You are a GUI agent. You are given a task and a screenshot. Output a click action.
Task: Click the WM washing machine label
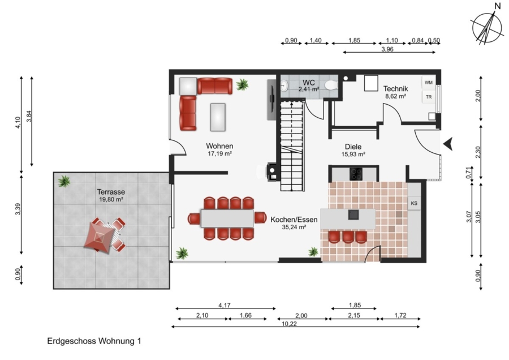pos(429,83)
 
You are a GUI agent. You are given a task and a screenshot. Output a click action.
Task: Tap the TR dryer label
pos(429,97)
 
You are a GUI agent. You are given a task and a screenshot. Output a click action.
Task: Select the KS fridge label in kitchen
pos(414,203)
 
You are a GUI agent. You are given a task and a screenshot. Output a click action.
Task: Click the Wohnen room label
pos(219,146)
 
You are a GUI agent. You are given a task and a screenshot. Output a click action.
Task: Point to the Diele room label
pos(353,147)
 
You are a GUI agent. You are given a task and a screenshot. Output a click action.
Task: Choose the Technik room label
pos(395,88)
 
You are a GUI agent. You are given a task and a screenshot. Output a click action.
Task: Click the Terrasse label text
pos(111,192)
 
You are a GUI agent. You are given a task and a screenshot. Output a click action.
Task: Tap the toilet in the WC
pos(331,85)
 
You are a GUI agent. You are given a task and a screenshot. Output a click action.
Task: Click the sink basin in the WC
pos(284,86)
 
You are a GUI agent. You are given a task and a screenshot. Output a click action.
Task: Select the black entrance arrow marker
pos(448,144)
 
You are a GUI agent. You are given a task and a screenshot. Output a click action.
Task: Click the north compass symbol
pos(488,27)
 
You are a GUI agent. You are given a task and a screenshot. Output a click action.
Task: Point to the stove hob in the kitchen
pos(356,174)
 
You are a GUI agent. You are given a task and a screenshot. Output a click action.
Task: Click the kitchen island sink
pos(353,215)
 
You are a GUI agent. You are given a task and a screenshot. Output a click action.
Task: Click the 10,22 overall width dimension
pos(289,324)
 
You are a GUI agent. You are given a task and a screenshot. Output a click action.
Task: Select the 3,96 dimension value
pos(387,49)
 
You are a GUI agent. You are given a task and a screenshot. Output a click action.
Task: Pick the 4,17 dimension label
pos(225,306)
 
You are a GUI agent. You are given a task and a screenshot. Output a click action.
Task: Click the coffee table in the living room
pos(218,117)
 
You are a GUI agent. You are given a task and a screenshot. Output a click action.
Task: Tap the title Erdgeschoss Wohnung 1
pos(94,341)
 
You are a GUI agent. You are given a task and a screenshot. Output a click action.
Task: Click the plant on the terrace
pos(64,181)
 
